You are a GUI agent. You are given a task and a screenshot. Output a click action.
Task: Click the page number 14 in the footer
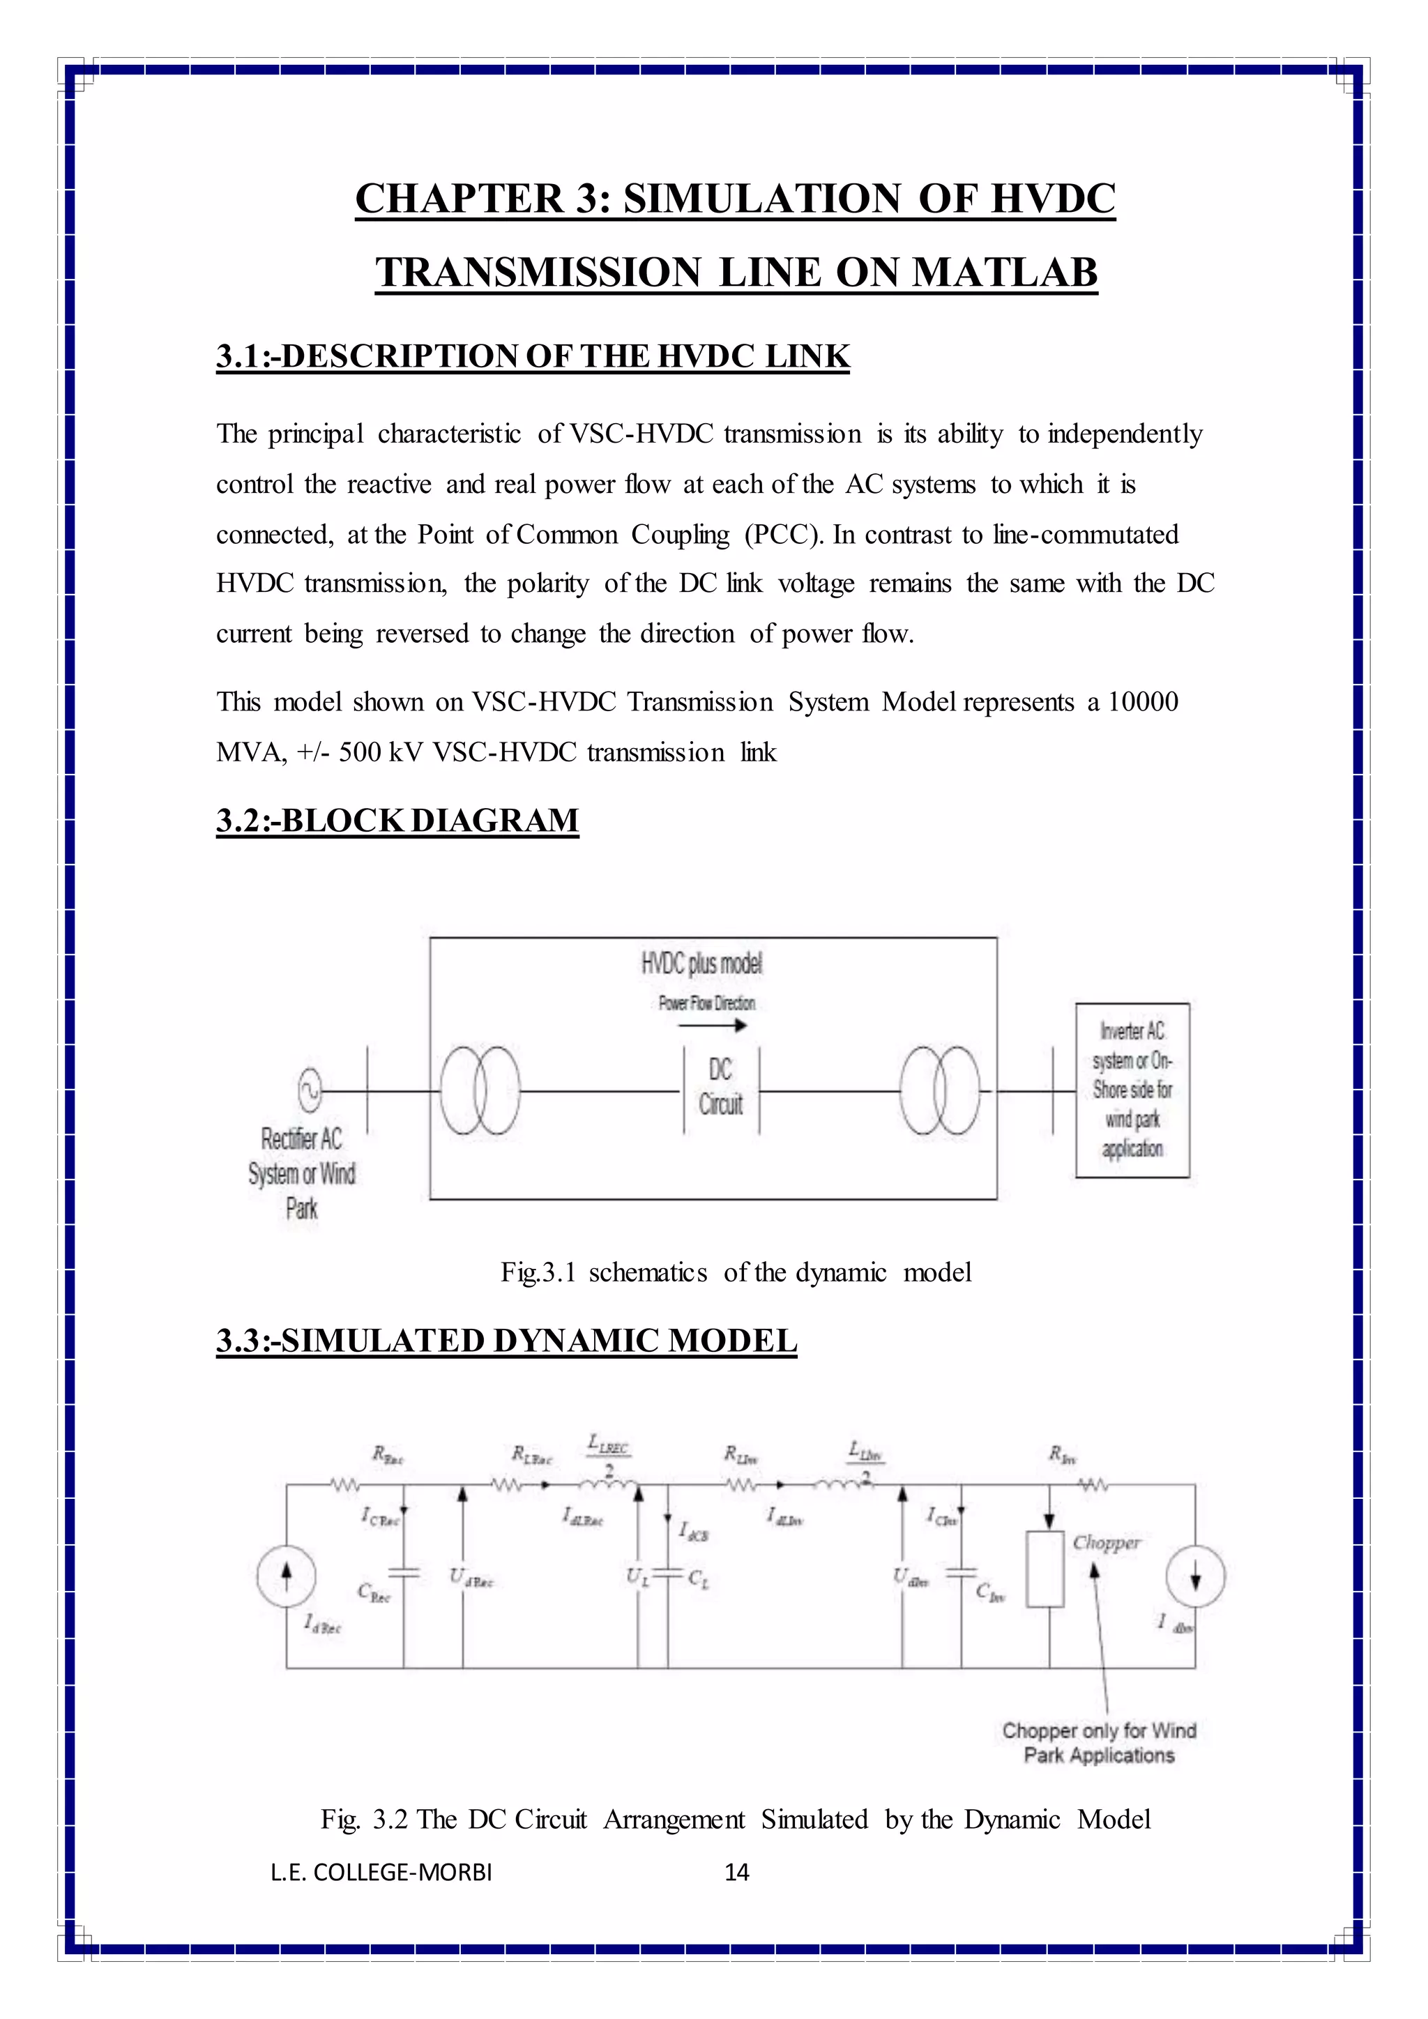[x=736, y=1872]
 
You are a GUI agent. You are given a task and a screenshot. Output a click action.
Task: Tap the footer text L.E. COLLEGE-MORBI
[x=381, y=1872]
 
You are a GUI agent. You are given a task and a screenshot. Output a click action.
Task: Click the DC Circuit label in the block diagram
[x=720, y=1087]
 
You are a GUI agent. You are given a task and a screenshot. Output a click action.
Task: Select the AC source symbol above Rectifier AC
[x=310, y=1090]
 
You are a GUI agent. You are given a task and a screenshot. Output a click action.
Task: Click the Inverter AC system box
[x=1132, y=1090]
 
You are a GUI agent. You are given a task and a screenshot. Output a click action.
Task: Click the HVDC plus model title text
[x=701, y=965]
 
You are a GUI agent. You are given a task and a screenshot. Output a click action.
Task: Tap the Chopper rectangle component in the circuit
[x=1045, y=1569]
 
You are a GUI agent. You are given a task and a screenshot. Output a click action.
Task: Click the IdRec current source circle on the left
[x=287, y=1575]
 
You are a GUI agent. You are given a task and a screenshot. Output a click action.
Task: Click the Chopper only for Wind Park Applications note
[x=1099, y=1742]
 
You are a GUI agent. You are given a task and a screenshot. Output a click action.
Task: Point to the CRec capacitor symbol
[x=404, y=1572]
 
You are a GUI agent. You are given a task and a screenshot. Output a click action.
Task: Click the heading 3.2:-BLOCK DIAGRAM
[x=397, y=821]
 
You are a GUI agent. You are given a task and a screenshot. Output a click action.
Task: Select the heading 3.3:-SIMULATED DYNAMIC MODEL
[x=506, y=1341]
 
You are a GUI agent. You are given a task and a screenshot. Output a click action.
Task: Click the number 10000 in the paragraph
[x=1142, y=702]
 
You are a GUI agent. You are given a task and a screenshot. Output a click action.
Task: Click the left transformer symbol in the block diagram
[x=479, y=1090]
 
